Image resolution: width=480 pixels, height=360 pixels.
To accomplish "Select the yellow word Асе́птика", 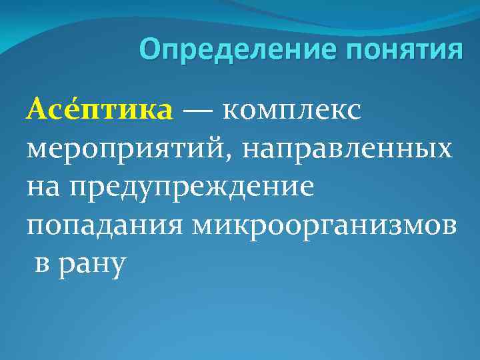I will [x=99, y=109].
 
